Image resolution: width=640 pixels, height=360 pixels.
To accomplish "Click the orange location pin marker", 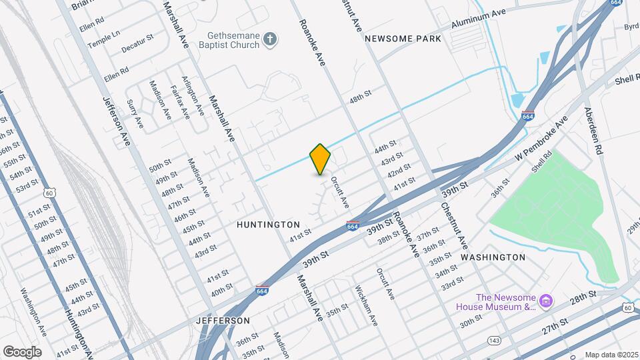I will pyautogui.click(x=321, y=159).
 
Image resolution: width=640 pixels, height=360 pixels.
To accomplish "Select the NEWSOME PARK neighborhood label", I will pyautogui.click(x=403, y=39).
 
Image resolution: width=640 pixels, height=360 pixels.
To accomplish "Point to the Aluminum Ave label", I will pyautogui.click(x=478, y=19).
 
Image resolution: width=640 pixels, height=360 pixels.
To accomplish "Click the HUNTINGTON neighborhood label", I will pyautogui.click(x=268, y=225).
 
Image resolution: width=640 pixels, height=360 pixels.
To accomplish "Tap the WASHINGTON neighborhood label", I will pyautogui.click(x=493, y=257).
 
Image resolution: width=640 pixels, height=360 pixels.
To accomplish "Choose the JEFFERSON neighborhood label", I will pyautogui.click(x=222, y=321).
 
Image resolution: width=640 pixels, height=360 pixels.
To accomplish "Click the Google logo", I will pyautogui.click(x=22, y=351).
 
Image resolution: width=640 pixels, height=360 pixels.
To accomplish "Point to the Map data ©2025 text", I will pyautogui.click(x=611, y=355).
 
